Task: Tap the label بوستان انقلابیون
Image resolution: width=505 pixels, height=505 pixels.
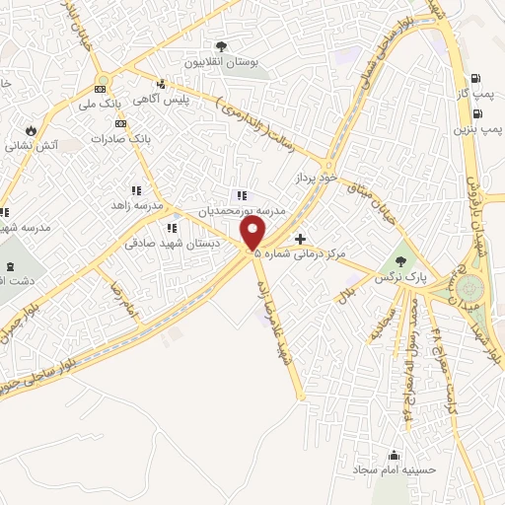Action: point(226,62)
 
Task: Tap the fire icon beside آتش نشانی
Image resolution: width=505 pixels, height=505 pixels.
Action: point(31,129)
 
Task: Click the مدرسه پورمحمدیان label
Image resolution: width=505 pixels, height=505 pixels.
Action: point(243,210)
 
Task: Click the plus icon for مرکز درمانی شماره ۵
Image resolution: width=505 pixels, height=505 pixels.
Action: point(301,238)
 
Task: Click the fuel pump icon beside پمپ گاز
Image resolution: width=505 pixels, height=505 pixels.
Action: point(477,78)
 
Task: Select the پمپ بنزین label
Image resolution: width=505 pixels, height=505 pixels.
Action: point(473,128)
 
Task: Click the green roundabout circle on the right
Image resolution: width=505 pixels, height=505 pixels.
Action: point(469,289)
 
